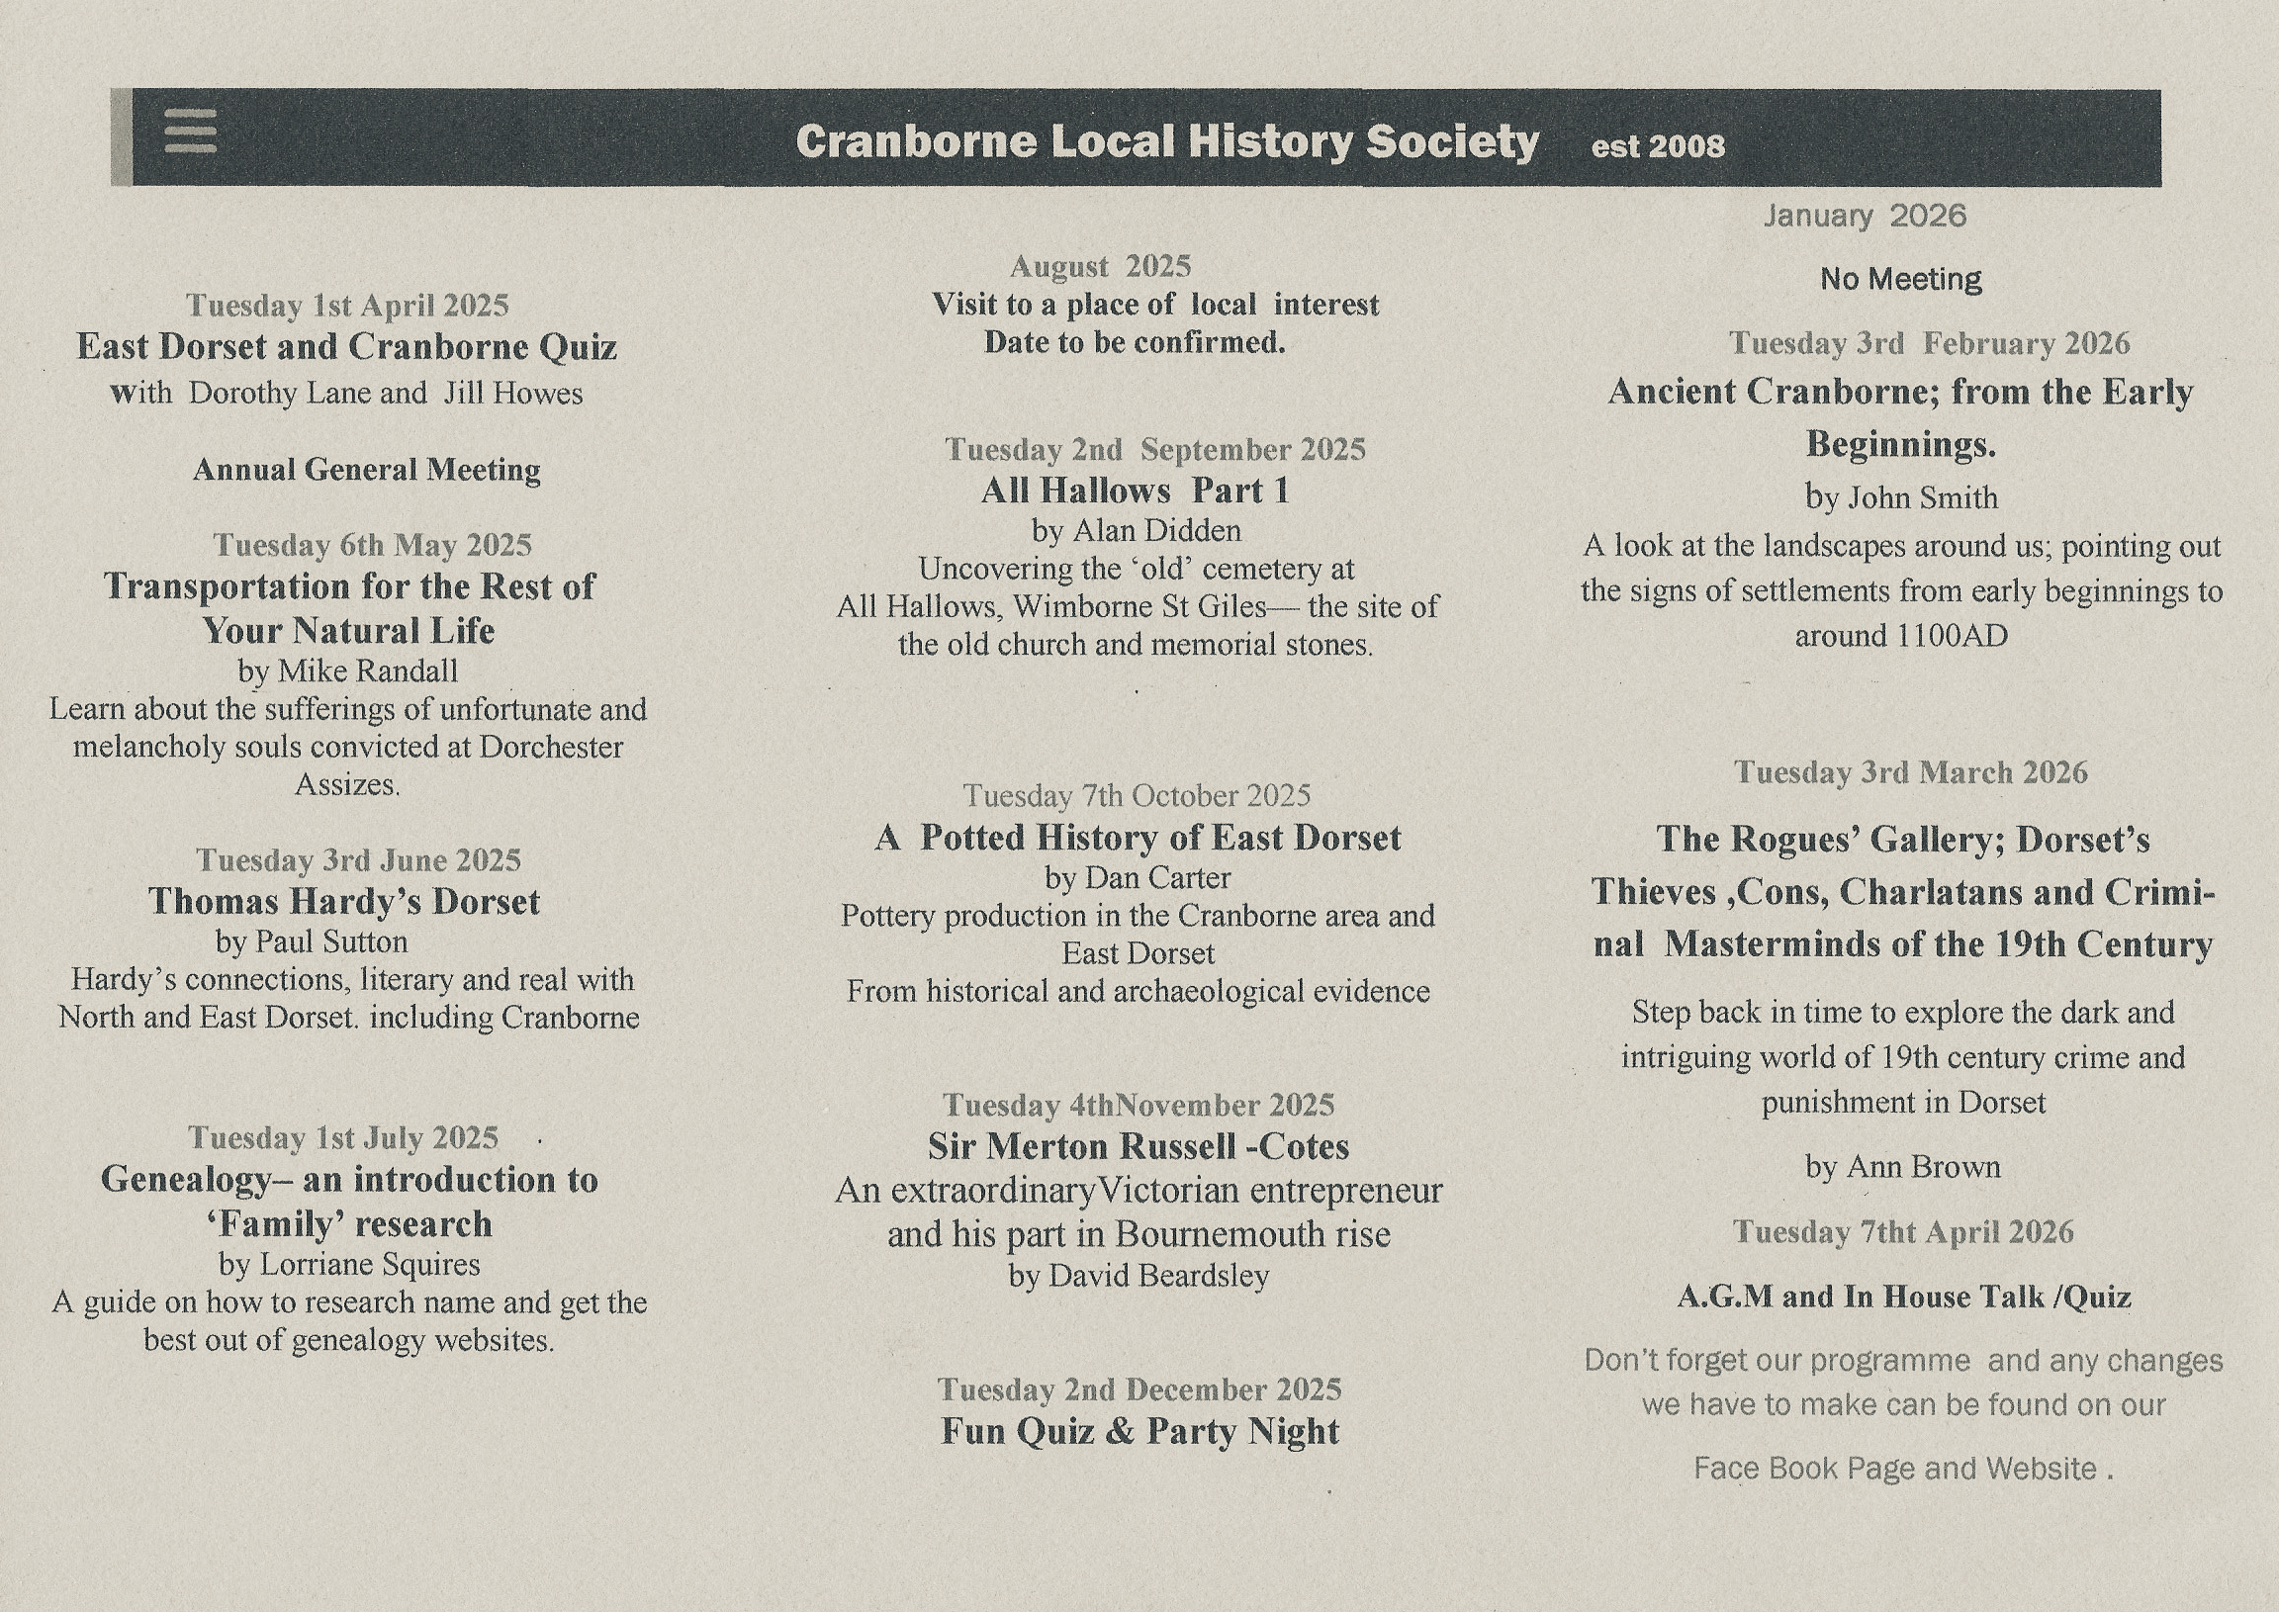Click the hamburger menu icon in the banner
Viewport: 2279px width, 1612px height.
click(x=190, y=132)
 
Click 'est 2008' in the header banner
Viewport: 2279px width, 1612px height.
click(x=1658, y=147)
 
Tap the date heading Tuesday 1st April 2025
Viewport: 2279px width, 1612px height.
click(x=347, y=305)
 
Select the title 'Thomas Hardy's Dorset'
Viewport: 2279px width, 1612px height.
click(x=344, y=901)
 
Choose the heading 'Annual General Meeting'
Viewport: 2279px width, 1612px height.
click(x=366, y=470)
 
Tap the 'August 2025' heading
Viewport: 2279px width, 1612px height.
click(x=1100, y=266)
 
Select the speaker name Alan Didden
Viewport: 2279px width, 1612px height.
click(x=1156, y=531)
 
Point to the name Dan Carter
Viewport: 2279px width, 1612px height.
click(x=1157, y=878)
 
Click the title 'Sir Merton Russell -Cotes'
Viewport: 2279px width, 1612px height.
click(x=1139, y=1147)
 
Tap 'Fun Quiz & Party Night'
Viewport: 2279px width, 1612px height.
click(x=1139, y=1431)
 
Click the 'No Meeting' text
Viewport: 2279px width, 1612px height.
click(x=1901, y=280)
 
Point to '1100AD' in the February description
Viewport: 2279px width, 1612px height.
click(x=1951, y=636)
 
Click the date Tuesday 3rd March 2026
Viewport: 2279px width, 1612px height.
click(x=1911, y=772)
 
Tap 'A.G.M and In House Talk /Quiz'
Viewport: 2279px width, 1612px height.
click(x=1904, y=1298)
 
